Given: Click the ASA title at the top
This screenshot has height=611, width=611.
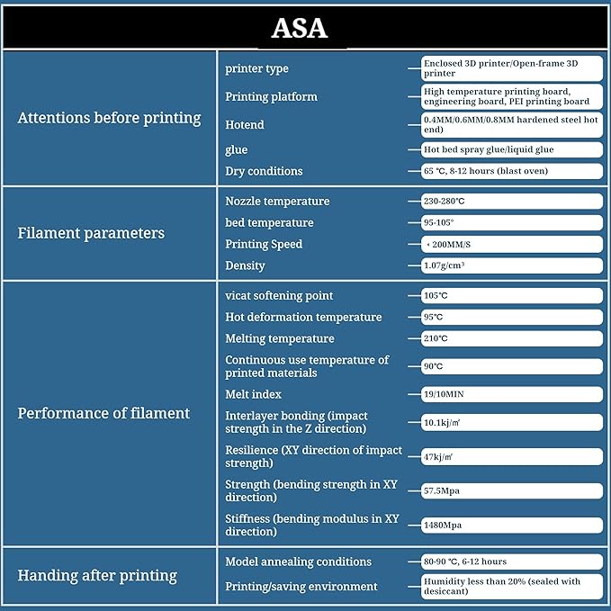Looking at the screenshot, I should pos(300,28).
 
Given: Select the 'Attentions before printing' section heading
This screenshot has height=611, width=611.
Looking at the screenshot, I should pos(109,118).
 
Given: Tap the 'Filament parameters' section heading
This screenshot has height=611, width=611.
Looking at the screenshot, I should pos(91,233).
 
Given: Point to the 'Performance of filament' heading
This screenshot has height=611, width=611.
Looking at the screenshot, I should pos(103,413).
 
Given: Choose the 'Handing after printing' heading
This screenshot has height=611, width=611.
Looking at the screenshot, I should pos(97,575).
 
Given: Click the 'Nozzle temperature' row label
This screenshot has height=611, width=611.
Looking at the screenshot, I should pos(277,202).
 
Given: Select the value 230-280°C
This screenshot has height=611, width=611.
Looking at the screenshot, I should pos(511,202).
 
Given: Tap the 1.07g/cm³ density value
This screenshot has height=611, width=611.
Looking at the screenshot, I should pos(511,265).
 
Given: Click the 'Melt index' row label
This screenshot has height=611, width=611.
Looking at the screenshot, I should pos(253,394).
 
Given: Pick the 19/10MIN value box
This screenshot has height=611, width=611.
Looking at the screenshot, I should pos(511,394).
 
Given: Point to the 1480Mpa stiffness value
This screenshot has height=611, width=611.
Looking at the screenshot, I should pos(511,525).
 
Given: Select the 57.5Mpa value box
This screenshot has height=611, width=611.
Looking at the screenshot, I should pos(511,490).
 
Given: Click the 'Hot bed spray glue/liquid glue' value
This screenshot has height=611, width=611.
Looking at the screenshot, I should pos(511,149).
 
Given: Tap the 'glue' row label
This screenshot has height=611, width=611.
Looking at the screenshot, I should pos(236,149).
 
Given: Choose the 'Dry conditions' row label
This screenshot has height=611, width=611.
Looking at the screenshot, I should pos(264,171).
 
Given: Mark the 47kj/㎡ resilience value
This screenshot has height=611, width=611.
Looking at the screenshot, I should pos(511,456).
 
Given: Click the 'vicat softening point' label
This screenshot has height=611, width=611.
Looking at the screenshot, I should pos(279,295).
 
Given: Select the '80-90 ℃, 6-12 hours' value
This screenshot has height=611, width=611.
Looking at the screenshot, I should pos(511,562).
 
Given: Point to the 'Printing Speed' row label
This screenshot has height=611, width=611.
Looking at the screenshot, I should pos(264,244).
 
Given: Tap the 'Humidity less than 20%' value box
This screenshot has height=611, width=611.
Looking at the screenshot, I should pos(511,587).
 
